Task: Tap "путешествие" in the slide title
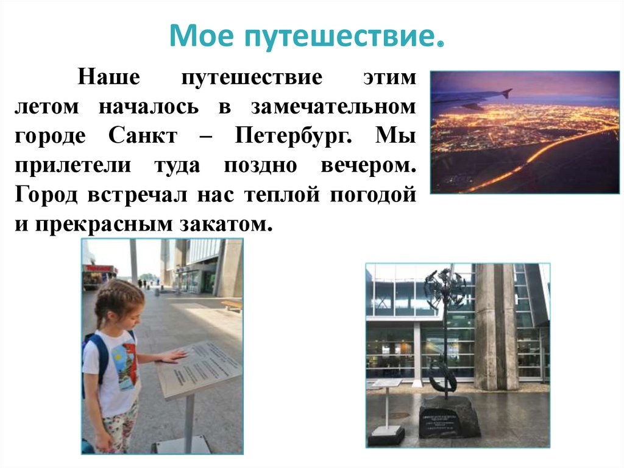[341, 37]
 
